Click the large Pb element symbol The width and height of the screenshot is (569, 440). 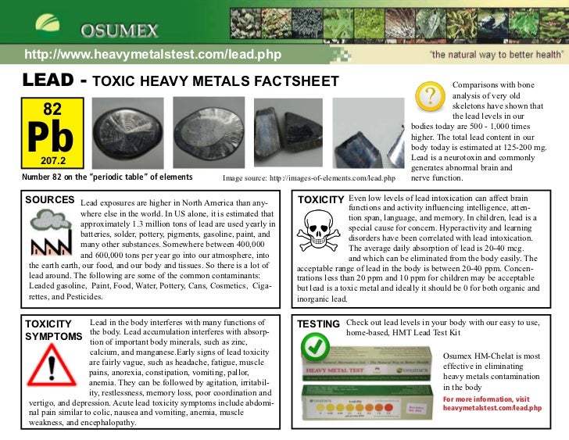52,137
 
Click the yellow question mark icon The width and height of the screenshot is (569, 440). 430,98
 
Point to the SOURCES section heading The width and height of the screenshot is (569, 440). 49,200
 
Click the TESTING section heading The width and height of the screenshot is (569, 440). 318,324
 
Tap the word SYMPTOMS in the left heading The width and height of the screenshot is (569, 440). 54,336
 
